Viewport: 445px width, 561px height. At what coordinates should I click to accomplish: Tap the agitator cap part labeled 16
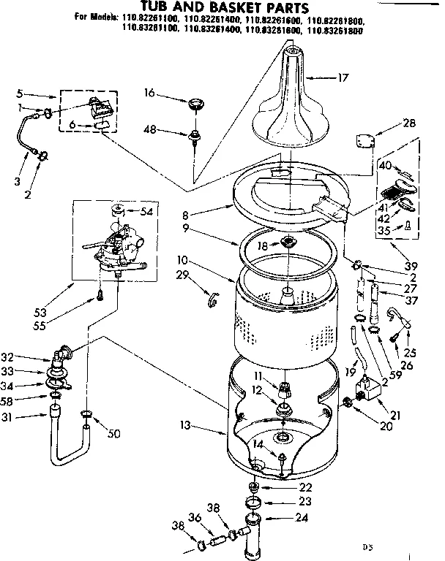(195, 104)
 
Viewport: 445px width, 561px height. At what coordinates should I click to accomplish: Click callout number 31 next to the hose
(26, 418)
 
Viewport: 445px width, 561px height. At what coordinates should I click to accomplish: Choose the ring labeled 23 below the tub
(254, 503)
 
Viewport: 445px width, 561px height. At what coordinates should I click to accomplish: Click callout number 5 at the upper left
(20, 94)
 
